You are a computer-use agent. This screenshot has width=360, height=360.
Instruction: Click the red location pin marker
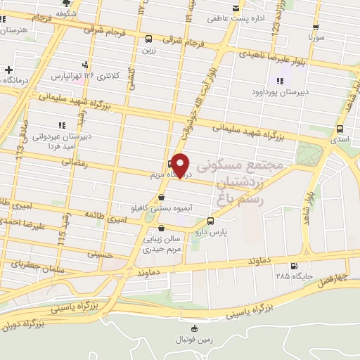pyautogui.click(x=181, y=165)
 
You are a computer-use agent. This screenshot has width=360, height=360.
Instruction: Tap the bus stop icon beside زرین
pyautogui.click(x=148, y=39)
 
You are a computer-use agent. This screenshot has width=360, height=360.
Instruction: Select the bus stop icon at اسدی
pyautogui.click(x=340, y=129)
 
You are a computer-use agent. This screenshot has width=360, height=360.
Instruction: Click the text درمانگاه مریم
pyautogui.click(x=166, y=173)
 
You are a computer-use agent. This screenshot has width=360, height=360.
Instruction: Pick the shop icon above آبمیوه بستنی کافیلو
pyautogui.click(x=162, y=198)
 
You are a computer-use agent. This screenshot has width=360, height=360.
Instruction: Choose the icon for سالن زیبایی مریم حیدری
pyautogui.click(x=162, y=229)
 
